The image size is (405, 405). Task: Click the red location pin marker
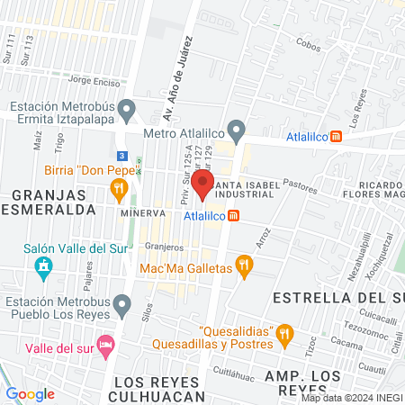[202, 184]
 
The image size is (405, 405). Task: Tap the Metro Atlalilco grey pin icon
[237, 131]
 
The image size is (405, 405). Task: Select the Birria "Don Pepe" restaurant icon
[118, 188]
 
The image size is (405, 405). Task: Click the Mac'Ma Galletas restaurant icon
[243, 265]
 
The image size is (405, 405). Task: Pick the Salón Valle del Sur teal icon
[41, 265]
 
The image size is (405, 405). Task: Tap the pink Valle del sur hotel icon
[106, 346]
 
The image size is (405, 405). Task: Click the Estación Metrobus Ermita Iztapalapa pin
[127, 111]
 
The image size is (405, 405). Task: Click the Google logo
[31, 393]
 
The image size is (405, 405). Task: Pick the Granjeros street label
[164, 246]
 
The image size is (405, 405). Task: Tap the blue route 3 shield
[121, 156]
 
